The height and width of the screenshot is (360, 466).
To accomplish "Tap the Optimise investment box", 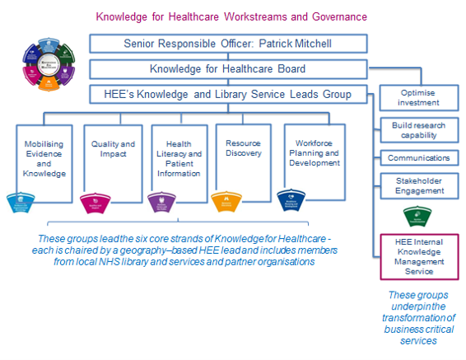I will coord(419,97).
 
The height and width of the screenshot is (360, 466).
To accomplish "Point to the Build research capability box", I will coord(419,130).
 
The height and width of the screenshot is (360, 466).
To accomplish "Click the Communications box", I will coord(419,157).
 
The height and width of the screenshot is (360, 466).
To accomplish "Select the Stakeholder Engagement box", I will coord(419,185).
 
